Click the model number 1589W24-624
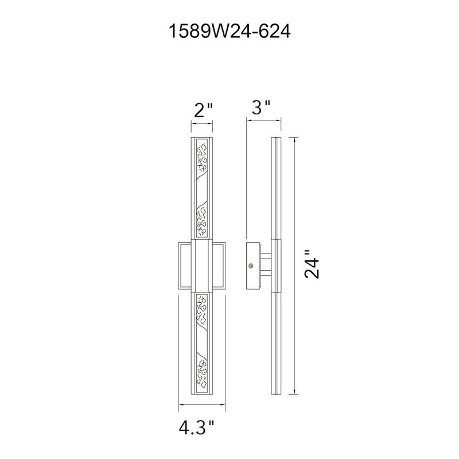tap(230, 31)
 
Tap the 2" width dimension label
tap(203, 110)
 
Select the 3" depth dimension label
tap(261, 107)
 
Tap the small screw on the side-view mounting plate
tap(251, 266)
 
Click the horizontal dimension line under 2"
tap(202, 123)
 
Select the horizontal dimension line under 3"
tap(264, 119)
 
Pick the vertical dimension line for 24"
tap(295, 266)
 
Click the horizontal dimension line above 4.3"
tap(202, 405)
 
